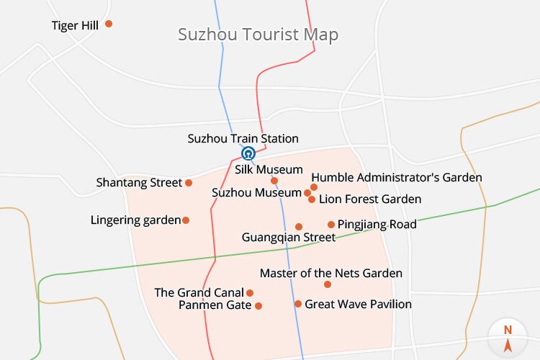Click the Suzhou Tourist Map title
click(258, 35)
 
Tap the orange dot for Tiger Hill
click(109, 24)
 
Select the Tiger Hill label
click(75, 26)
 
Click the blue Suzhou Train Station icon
click(248, 153)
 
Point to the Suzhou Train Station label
click(243, 139)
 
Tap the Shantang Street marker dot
click(189, 183)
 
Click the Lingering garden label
click(135, 220)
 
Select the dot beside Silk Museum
click(274, 181)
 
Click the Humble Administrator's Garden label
click(397, 177)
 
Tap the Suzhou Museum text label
click(257, 193)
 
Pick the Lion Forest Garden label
click(370, 199)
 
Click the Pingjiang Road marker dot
click(331, 225)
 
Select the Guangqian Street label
click(289, 237)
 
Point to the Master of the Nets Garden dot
click(328, 284)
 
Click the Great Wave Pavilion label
click(359, 304)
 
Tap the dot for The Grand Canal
click(250, 293)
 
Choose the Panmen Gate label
click(215, 305)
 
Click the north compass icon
click(508, 336)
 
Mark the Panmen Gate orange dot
click(258, 306)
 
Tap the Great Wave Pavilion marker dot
click(298, 304)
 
